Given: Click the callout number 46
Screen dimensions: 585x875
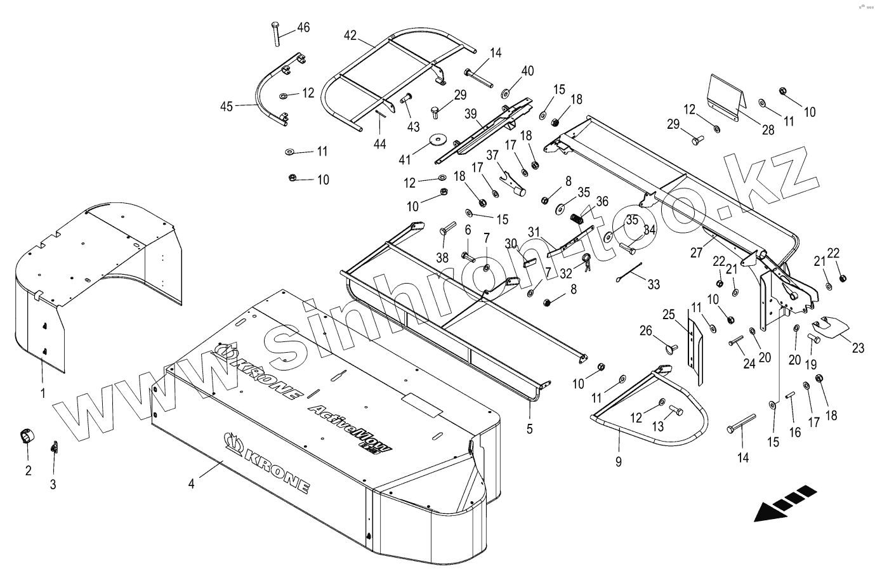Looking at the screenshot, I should click(303, 27).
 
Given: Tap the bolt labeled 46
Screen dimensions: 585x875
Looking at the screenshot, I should click(275, 33).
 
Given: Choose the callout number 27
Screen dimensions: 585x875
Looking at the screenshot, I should click(696, 253).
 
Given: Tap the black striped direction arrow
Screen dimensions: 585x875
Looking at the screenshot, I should click(784, 503).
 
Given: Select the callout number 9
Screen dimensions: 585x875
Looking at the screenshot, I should click(619, 461).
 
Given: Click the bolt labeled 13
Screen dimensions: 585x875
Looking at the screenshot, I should click(675, 411).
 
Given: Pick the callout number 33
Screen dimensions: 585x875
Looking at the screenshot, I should click(654, 285).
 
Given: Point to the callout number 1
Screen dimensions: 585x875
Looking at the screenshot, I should click(43, 393).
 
